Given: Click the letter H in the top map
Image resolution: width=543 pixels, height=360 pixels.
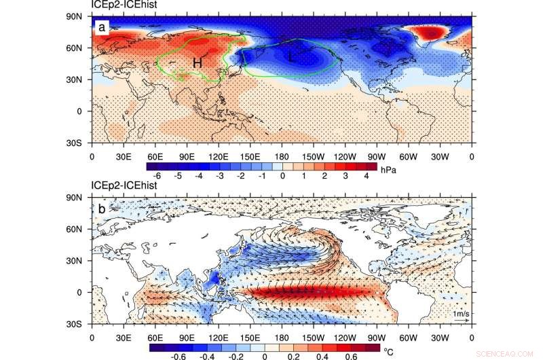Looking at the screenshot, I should click(197, 63).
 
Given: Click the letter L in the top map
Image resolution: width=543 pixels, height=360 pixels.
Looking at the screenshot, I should click(292, 59).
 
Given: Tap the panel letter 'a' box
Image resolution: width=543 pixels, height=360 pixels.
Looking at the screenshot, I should click(101, 28).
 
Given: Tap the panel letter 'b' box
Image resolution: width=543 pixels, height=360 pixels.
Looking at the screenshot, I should click(101, 209).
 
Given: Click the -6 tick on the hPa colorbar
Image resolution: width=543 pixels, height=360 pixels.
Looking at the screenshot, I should click(157, 175).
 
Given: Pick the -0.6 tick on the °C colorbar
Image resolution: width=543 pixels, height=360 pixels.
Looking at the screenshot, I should click(160, 356).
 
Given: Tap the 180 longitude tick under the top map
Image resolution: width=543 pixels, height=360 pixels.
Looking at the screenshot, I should click(282, 156).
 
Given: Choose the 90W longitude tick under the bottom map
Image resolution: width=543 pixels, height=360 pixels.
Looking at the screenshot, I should click(377, 336).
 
